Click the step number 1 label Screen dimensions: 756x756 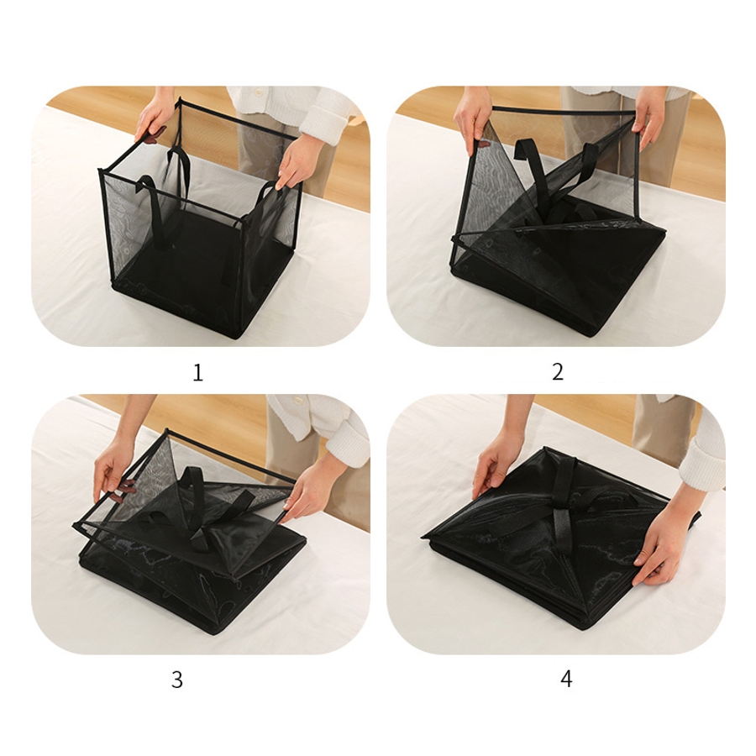[197, 373]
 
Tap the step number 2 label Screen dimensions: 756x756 [558, 372]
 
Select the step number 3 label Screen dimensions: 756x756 [177, 680]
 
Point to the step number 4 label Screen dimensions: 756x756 [566, 679]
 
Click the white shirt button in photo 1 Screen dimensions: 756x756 [260, 92]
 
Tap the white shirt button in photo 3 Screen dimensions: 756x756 [297, 402]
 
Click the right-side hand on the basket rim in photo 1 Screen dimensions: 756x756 [295, 162]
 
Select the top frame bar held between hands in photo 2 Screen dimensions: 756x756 [563, 110]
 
